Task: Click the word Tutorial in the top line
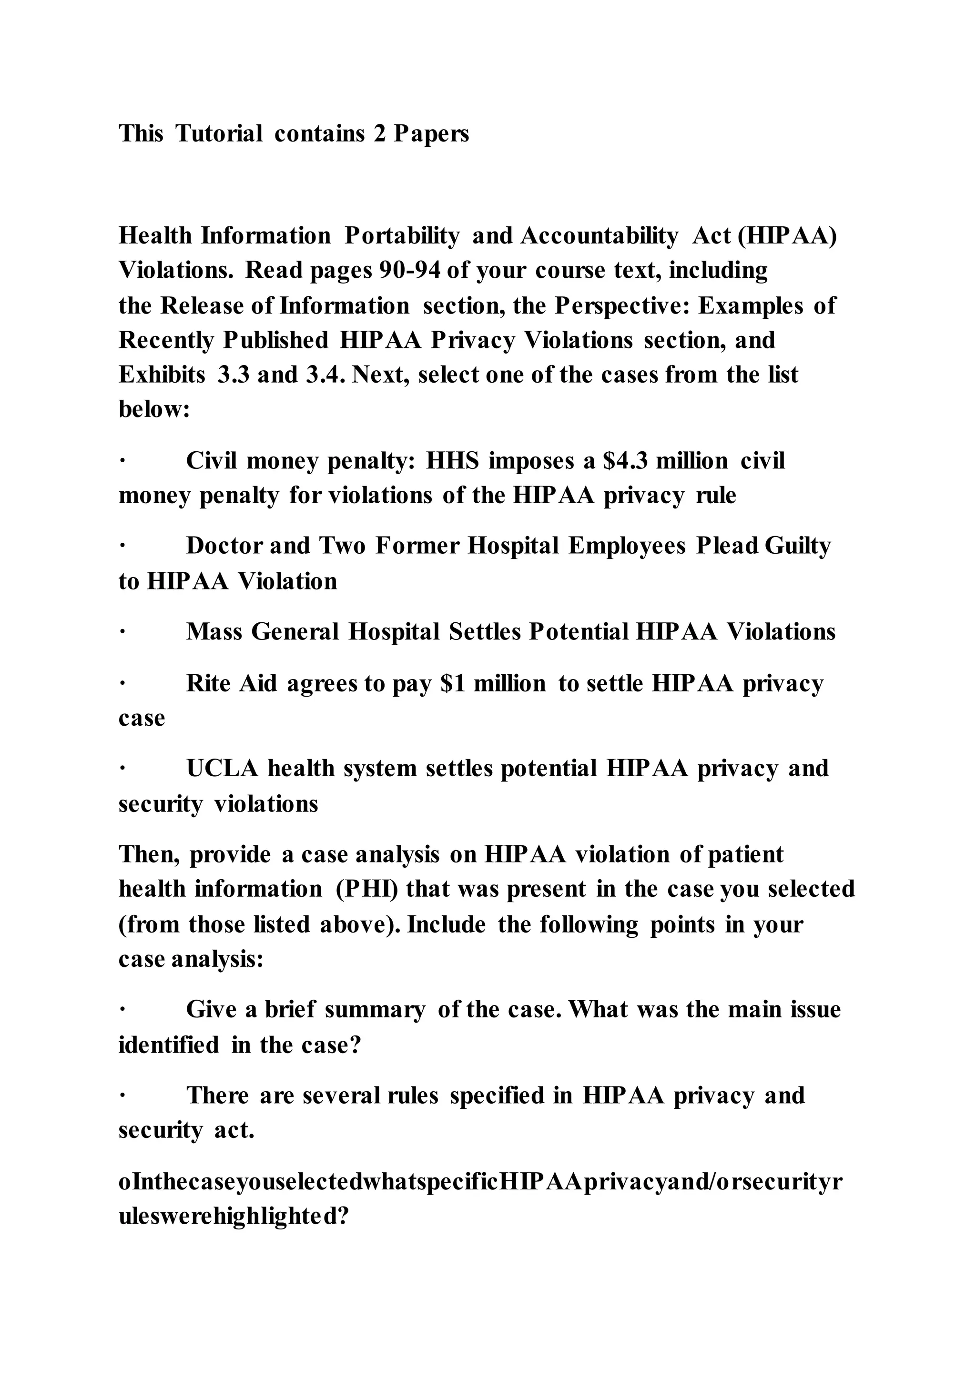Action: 219,133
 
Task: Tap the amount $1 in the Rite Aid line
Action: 453,683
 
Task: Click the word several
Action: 341,1096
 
